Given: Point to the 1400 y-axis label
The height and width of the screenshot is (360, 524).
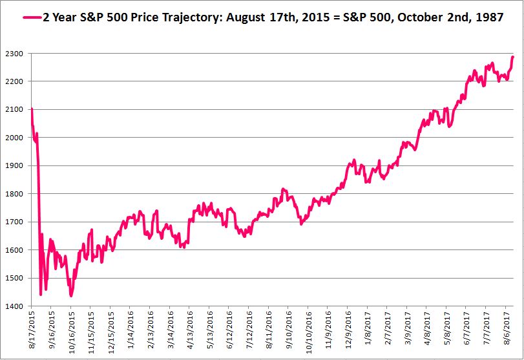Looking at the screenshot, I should click(x=16, y=306).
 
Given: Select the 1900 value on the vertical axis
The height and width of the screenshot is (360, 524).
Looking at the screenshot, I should click(x=16, y=166).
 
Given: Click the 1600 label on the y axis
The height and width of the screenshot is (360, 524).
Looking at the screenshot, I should click(x=16, y=250).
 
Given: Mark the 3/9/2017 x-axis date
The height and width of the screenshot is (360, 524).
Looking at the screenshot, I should click(x=406, y=333).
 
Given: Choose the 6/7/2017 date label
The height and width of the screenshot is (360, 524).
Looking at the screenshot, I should click(x=465, y=333).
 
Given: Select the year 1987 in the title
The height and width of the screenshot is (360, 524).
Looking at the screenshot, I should click(x=490, y=17).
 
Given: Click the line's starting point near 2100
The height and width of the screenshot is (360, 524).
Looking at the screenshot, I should click(x=32, y=109).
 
